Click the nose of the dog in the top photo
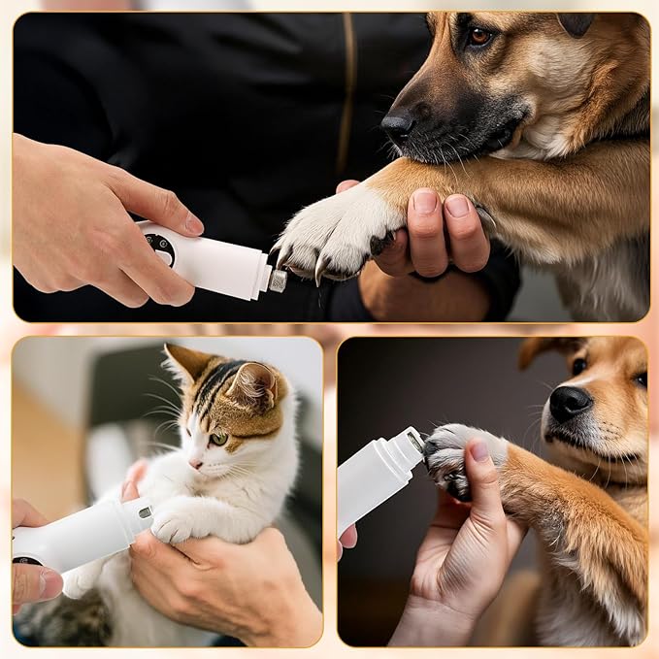(397, 124)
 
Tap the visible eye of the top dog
(478, 37)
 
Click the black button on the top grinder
(160, 248)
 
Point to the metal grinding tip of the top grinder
(278, 280)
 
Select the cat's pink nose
(196, 464)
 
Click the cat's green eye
(219, 439)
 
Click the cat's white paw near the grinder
(176, 525)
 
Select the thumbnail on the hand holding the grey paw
(479, 450)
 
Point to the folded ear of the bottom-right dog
(541, 349)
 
